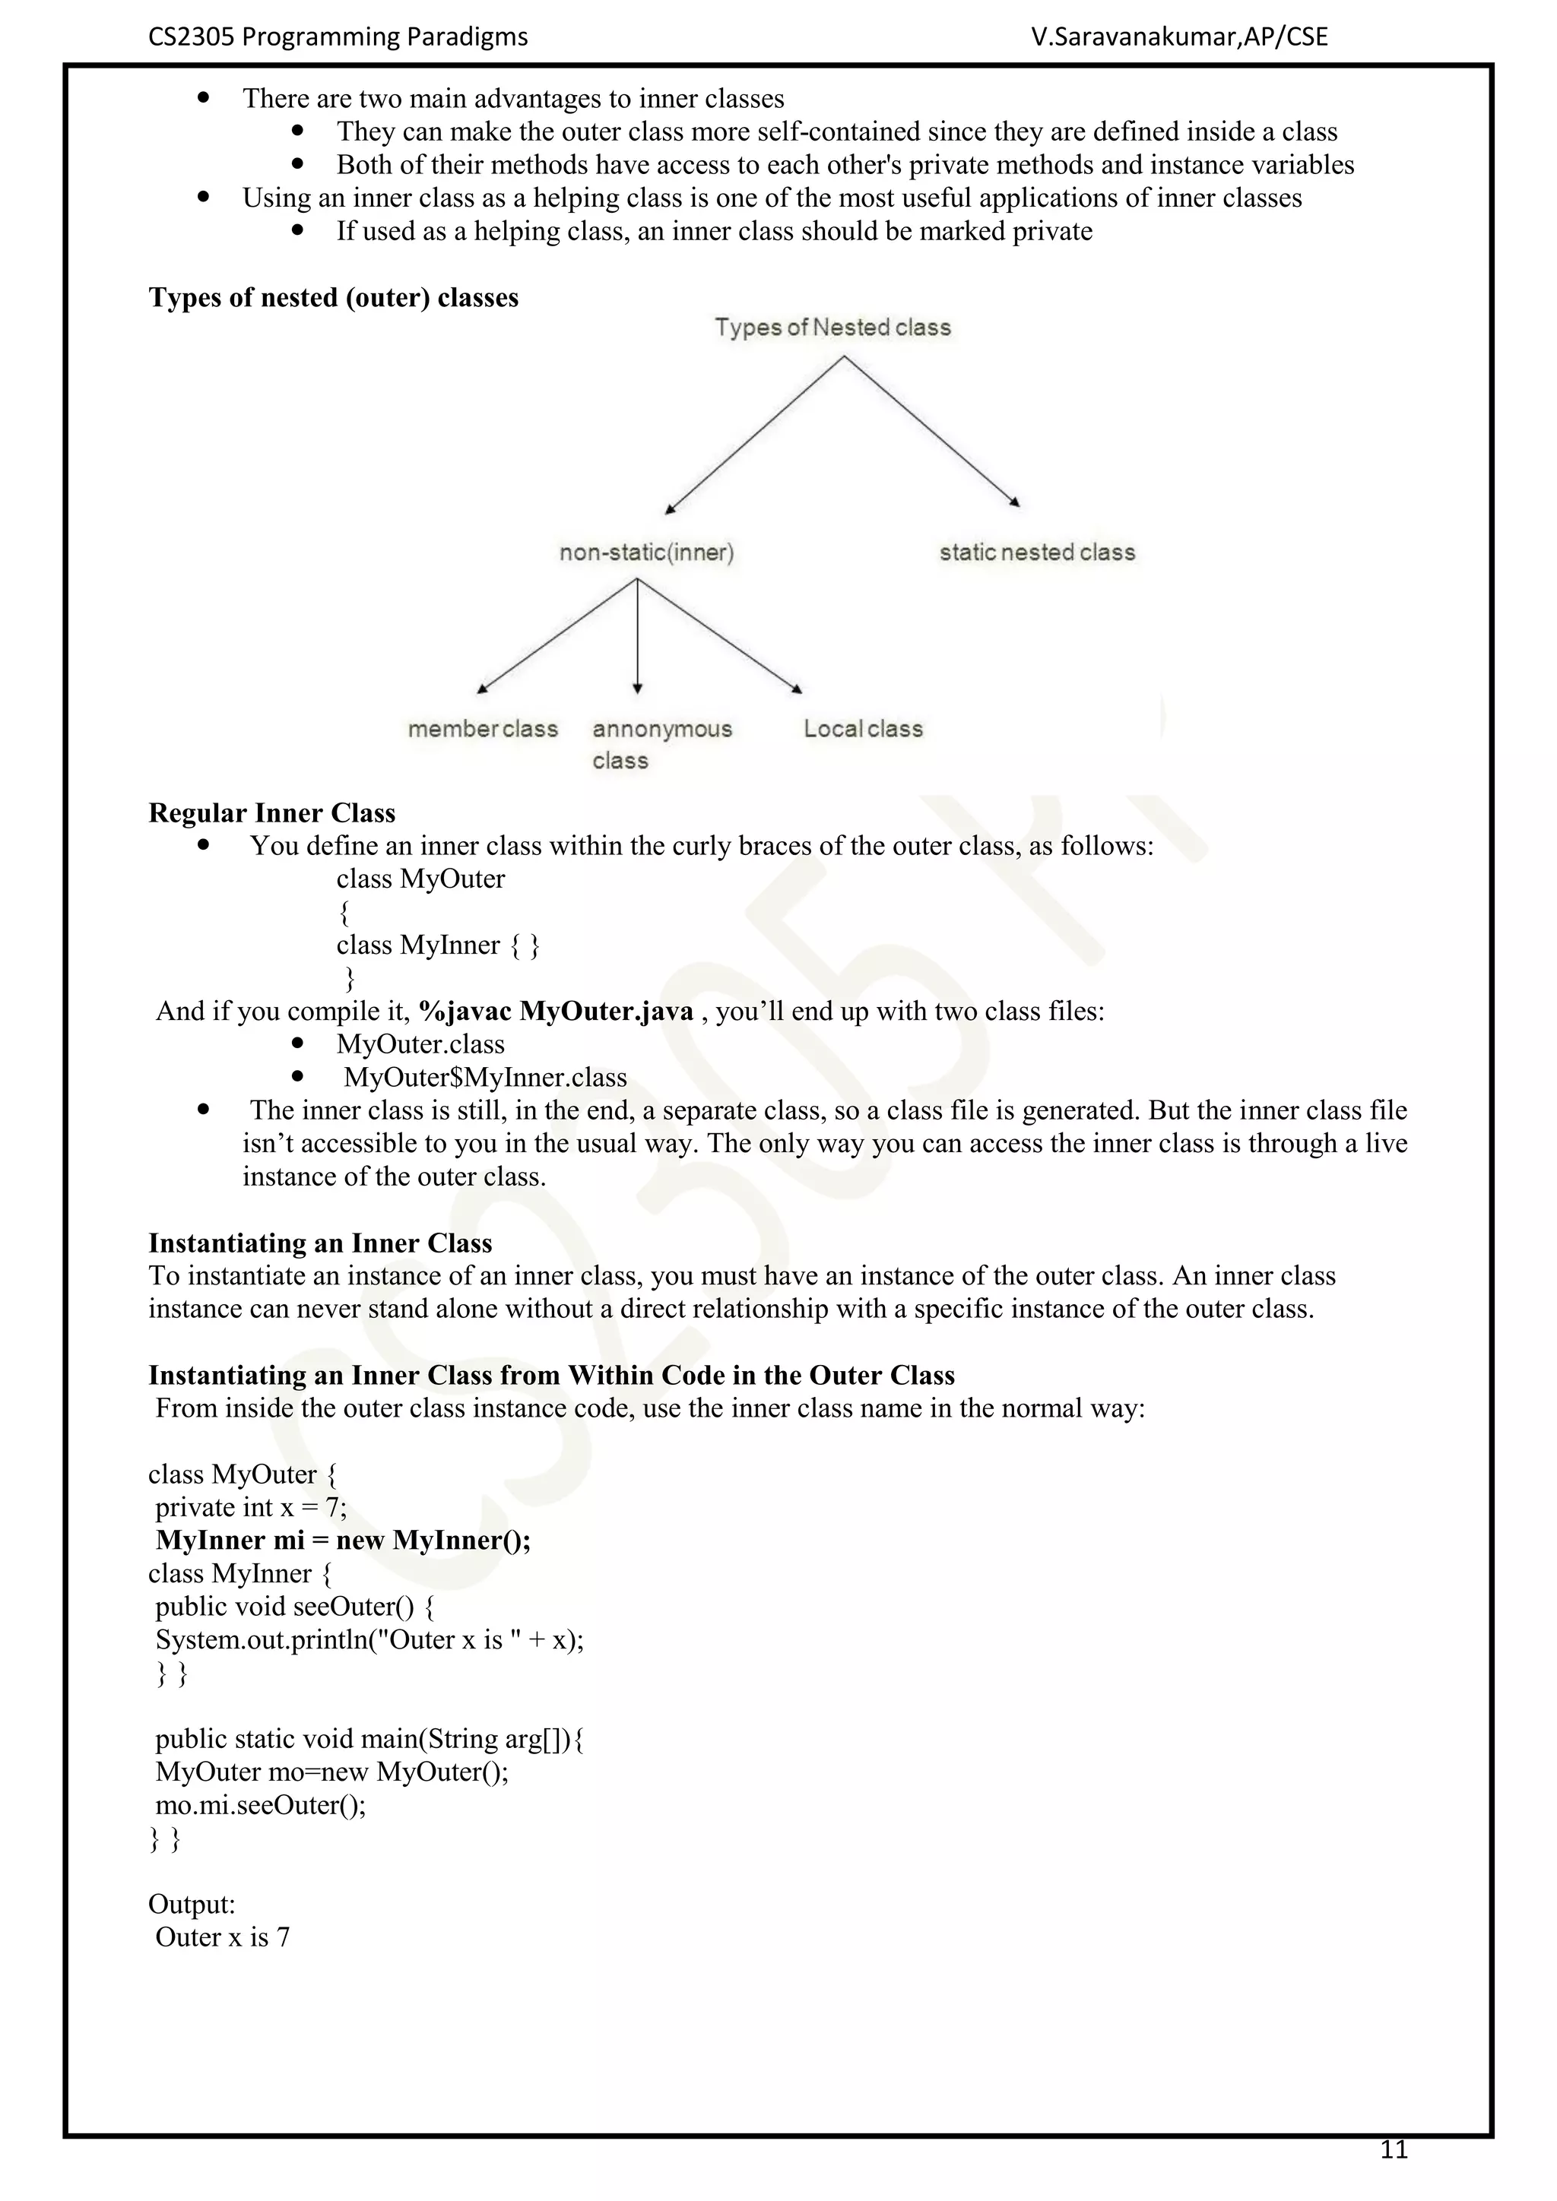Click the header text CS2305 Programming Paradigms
(338, 36)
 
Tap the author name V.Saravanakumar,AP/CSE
(1179, 36)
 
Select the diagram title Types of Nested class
(832, 327)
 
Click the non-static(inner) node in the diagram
(646, 553)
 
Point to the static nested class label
(1036, 553)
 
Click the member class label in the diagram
(482, 729)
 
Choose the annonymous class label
(661, 744)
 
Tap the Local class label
(863, 729)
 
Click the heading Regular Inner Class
(271, 813)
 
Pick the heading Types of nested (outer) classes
(333, 297)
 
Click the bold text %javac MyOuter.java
(555, 1012)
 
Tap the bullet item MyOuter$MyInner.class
(485, 1078)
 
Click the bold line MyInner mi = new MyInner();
(343, 1541)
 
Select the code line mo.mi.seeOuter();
(261, 1805)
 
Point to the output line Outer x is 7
(223, 1937)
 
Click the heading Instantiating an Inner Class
(319, 1243)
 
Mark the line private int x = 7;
(251, 1507)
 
